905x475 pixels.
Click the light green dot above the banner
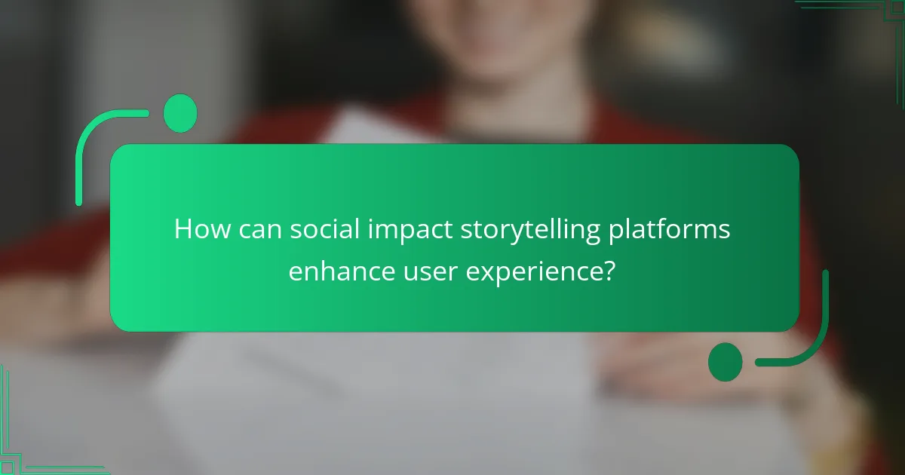[x=180, y=114]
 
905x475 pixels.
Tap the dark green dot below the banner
[x=726, y=362]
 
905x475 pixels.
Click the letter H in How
[x=183, y=229]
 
